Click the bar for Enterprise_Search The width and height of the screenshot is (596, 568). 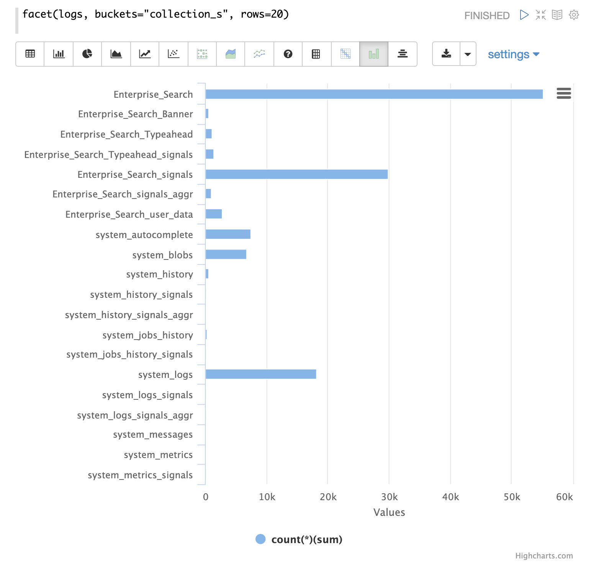click(374, 94)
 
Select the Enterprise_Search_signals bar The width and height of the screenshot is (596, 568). click(296, 174)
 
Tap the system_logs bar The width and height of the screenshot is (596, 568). click(260, 374)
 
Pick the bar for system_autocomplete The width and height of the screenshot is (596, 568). click(228, 234)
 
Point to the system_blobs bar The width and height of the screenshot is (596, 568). click(226, 254)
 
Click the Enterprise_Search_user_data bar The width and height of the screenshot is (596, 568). click(214, 214)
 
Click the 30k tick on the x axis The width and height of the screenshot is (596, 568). click(389, 497)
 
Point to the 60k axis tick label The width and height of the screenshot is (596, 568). click(564, 497)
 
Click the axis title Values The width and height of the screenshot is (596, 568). click(389, 512)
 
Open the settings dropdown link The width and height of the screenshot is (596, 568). click(513, 54)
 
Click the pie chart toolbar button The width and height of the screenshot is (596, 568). click(87, 54)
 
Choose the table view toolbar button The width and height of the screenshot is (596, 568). click(30, 54)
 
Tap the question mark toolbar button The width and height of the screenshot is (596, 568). click(288, 54)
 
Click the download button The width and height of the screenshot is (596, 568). click(446, 54)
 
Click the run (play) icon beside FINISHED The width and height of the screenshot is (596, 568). click(524, 15)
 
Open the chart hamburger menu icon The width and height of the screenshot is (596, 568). click(563, 93)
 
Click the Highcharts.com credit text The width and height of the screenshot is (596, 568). click(544, 556)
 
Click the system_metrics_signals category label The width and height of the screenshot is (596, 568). click(140, 475)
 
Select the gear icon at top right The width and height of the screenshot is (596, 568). click(574, 15)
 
